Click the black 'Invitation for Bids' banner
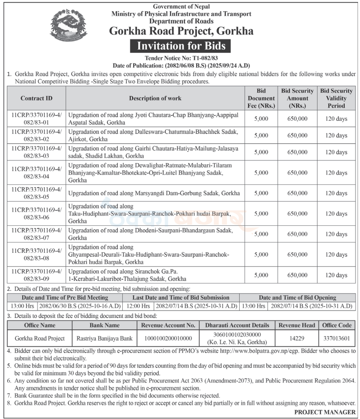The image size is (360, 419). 180,46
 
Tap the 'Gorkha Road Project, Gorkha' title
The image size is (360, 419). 181,31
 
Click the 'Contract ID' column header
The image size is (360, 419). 36,98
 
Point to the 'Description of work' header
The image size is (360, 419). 155,98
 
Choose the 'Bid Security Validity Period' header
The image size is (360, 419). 336,98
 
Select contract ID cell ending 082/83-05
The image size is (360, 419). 36,193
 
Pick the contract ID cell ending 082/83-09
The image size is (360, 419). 36,275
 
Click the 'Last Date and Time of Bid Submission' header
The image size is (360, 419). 180,298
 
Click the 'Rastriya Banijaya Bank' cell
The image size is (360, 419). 104,338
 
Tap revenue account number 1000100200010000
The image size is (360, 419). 168,338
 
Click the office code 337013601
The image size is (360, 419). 336,338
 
